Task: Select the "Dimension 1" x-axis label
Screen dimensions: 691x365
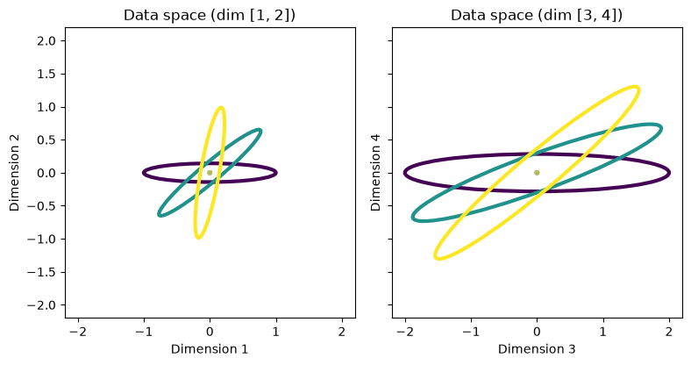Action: tap(210, 349)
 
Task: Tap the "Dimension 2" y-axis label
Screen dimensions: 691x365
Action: tap(15, 172)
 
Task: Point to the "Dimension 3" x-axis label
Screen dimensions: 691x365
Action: tap(537, 349)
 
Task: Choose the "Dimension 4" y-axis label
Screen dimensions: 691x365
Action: tap(375, 172)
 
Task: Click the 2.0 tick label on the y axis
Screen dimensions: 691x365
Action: tap(46, 41)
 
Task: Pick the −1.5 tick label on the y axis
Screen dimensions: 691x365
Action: tap(42, 272)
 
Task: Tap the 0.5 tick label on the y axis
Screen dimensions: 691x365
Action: tap(46, 140)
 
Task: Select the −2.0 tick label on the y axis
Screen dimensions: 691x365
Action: tap(42, 305)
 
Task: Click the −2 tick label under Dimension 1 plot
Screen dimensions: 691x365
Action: tap(78, 332)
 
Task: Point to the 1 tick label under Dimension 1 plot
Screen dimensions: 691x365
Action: tap(276, 332)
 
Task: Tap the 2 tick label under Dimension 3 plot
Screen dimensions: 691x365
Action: tap(669, 332)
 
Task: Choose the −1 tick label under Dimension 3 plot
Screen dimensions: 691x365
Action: tap(471, 332)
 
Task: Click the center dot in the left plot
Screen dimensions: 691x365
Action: tap(210, 173)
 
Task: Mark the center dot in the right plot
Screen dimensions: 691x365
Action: tap(537, 173)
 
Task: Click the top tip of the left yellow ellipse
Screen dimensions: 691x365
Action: tap(221, 107)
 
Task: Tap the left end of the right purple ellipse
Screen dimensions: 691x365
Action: tap(404, 173)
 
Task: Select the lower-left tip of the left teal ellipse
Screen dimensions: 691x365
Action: tap(159, 215)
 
